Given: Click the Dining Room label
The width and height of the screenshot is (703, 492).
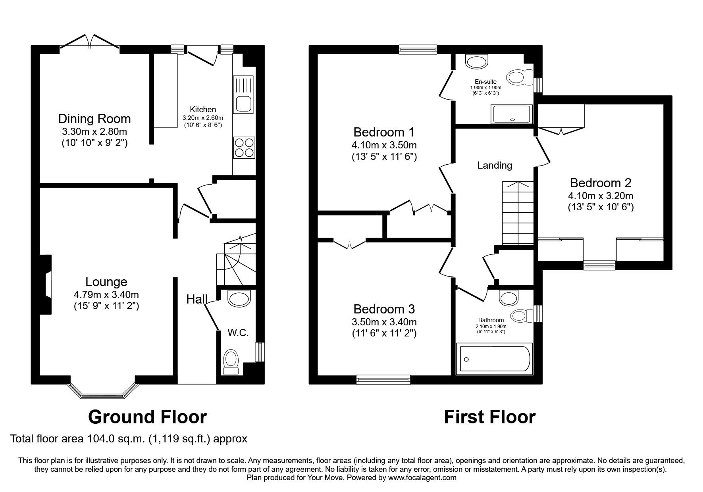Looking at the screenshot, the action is click(94, 119).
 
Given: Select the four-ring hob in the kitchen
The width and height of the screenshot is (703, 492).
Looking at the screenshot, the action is click(244, 148).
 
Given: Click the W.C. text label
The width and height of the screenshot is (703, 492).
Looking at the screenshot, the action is click(238, 333).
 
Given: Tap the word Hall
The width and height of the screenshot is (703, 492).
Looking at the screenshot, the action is click(197, 299).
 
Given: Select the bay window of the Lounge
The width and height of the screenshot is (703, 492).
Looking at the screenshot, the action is click(102, 390).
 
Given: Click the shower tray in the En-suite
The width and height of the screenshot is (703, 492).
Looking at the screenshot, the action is click(511, 114).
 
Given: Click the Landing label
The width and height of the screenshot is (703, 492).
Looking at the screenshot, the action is click(495, 165).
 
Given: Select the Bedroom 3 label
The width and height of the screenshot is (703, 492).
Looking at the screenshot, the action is click(384, 309).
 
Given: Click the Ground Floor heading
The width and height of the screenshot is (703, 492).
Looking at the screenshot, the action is click(147, 417).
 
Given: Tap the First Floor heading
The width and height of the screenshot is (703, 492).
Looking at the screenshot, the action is click(489, 417).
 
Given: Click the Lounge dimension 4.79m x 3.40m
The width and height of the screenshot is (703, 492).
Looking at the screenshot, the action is click(106, 294).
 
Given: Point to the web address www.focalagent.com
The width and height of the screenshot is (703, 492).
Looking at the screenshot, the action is click(422, 478).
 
